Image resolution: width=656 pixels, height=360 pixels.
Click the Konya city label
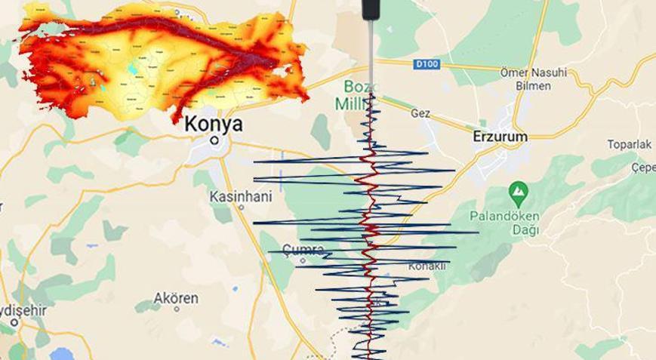click(214, 123)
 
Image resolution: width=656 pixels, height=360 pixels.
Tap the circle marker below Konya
click(215, 140)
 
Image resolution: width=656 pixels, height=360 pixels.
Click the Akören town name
click(176, 297)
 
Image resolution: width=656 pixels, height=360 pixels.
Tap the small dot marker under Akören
click(176, 309)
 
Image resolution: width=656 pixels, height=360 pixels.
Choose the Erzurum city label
click(499, 137)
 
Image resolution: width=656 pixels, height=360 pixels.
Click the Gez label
click(420, 113)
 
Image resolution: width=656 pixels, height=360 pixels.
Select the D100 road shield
click(427, 65)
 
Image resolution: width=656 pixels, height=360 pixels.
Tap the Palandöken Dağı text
click(505, 223)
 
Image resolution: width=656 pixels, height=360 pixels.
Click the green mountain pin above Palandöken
click(518, 192)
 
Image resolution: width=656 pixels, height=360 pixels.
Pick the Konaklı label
click(427, 266)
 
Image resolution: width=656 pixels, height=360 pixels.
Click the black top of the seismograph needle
click(370, 9)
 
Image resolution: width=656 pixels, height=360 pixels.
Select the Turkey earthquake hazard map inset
click(162, 60)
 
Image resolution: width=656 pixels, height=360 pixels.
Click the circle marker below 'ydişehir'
click(14, 322)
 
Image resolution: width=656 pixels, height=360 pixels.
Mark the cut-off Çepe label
click(644, 168)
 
